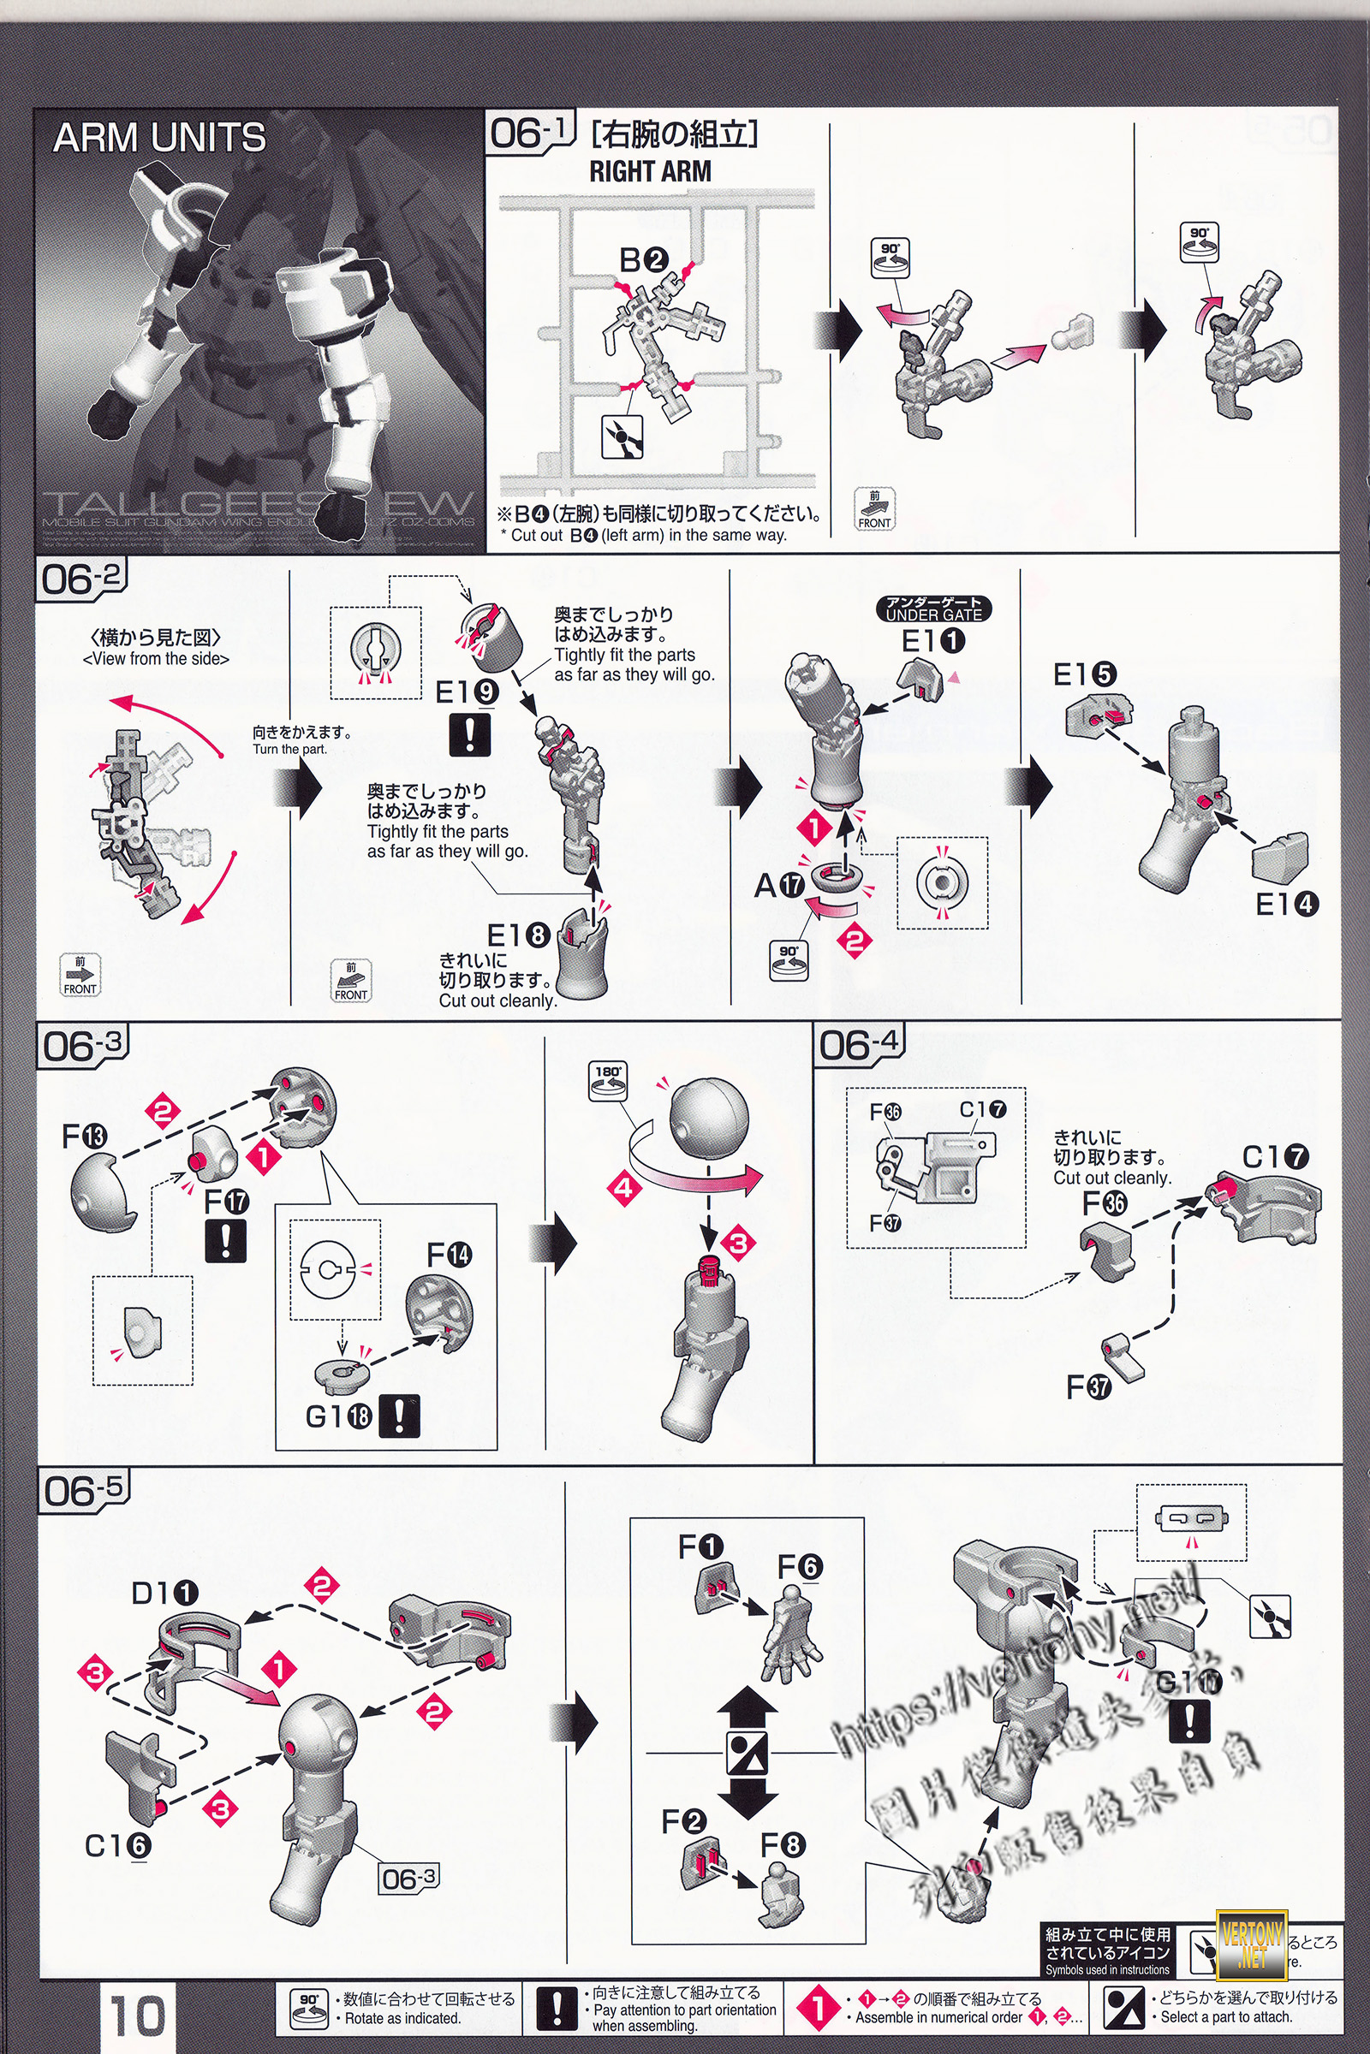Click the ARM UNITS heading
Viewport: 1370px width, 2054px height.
159,138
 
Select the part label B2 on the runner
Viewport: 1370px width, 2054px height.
644,259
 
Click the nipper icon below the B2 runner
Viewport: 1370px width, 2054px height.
622,435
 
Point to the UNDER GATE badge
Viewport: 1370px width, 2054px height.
934,608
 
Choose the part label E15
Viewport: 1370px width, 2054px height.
1084,674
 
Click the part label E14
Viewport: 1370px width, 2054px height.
1286,904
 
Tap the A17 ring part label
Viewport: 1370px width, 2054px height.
779,886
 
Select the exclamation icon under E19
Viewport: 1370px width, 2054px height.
469,733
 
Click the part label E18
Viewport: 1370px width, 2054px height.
517,935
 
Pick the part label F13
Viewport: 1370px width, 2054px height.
85,1137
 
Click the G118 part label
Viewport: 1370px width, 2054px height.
338,1416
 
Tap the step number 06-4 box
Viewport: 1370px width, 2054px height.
859,1044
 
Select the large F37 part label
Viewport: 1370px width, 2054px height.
1088,1386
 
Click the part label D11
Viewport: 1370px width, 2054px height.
165,1593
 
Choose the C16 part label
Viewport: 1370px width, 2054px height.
118,1845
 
